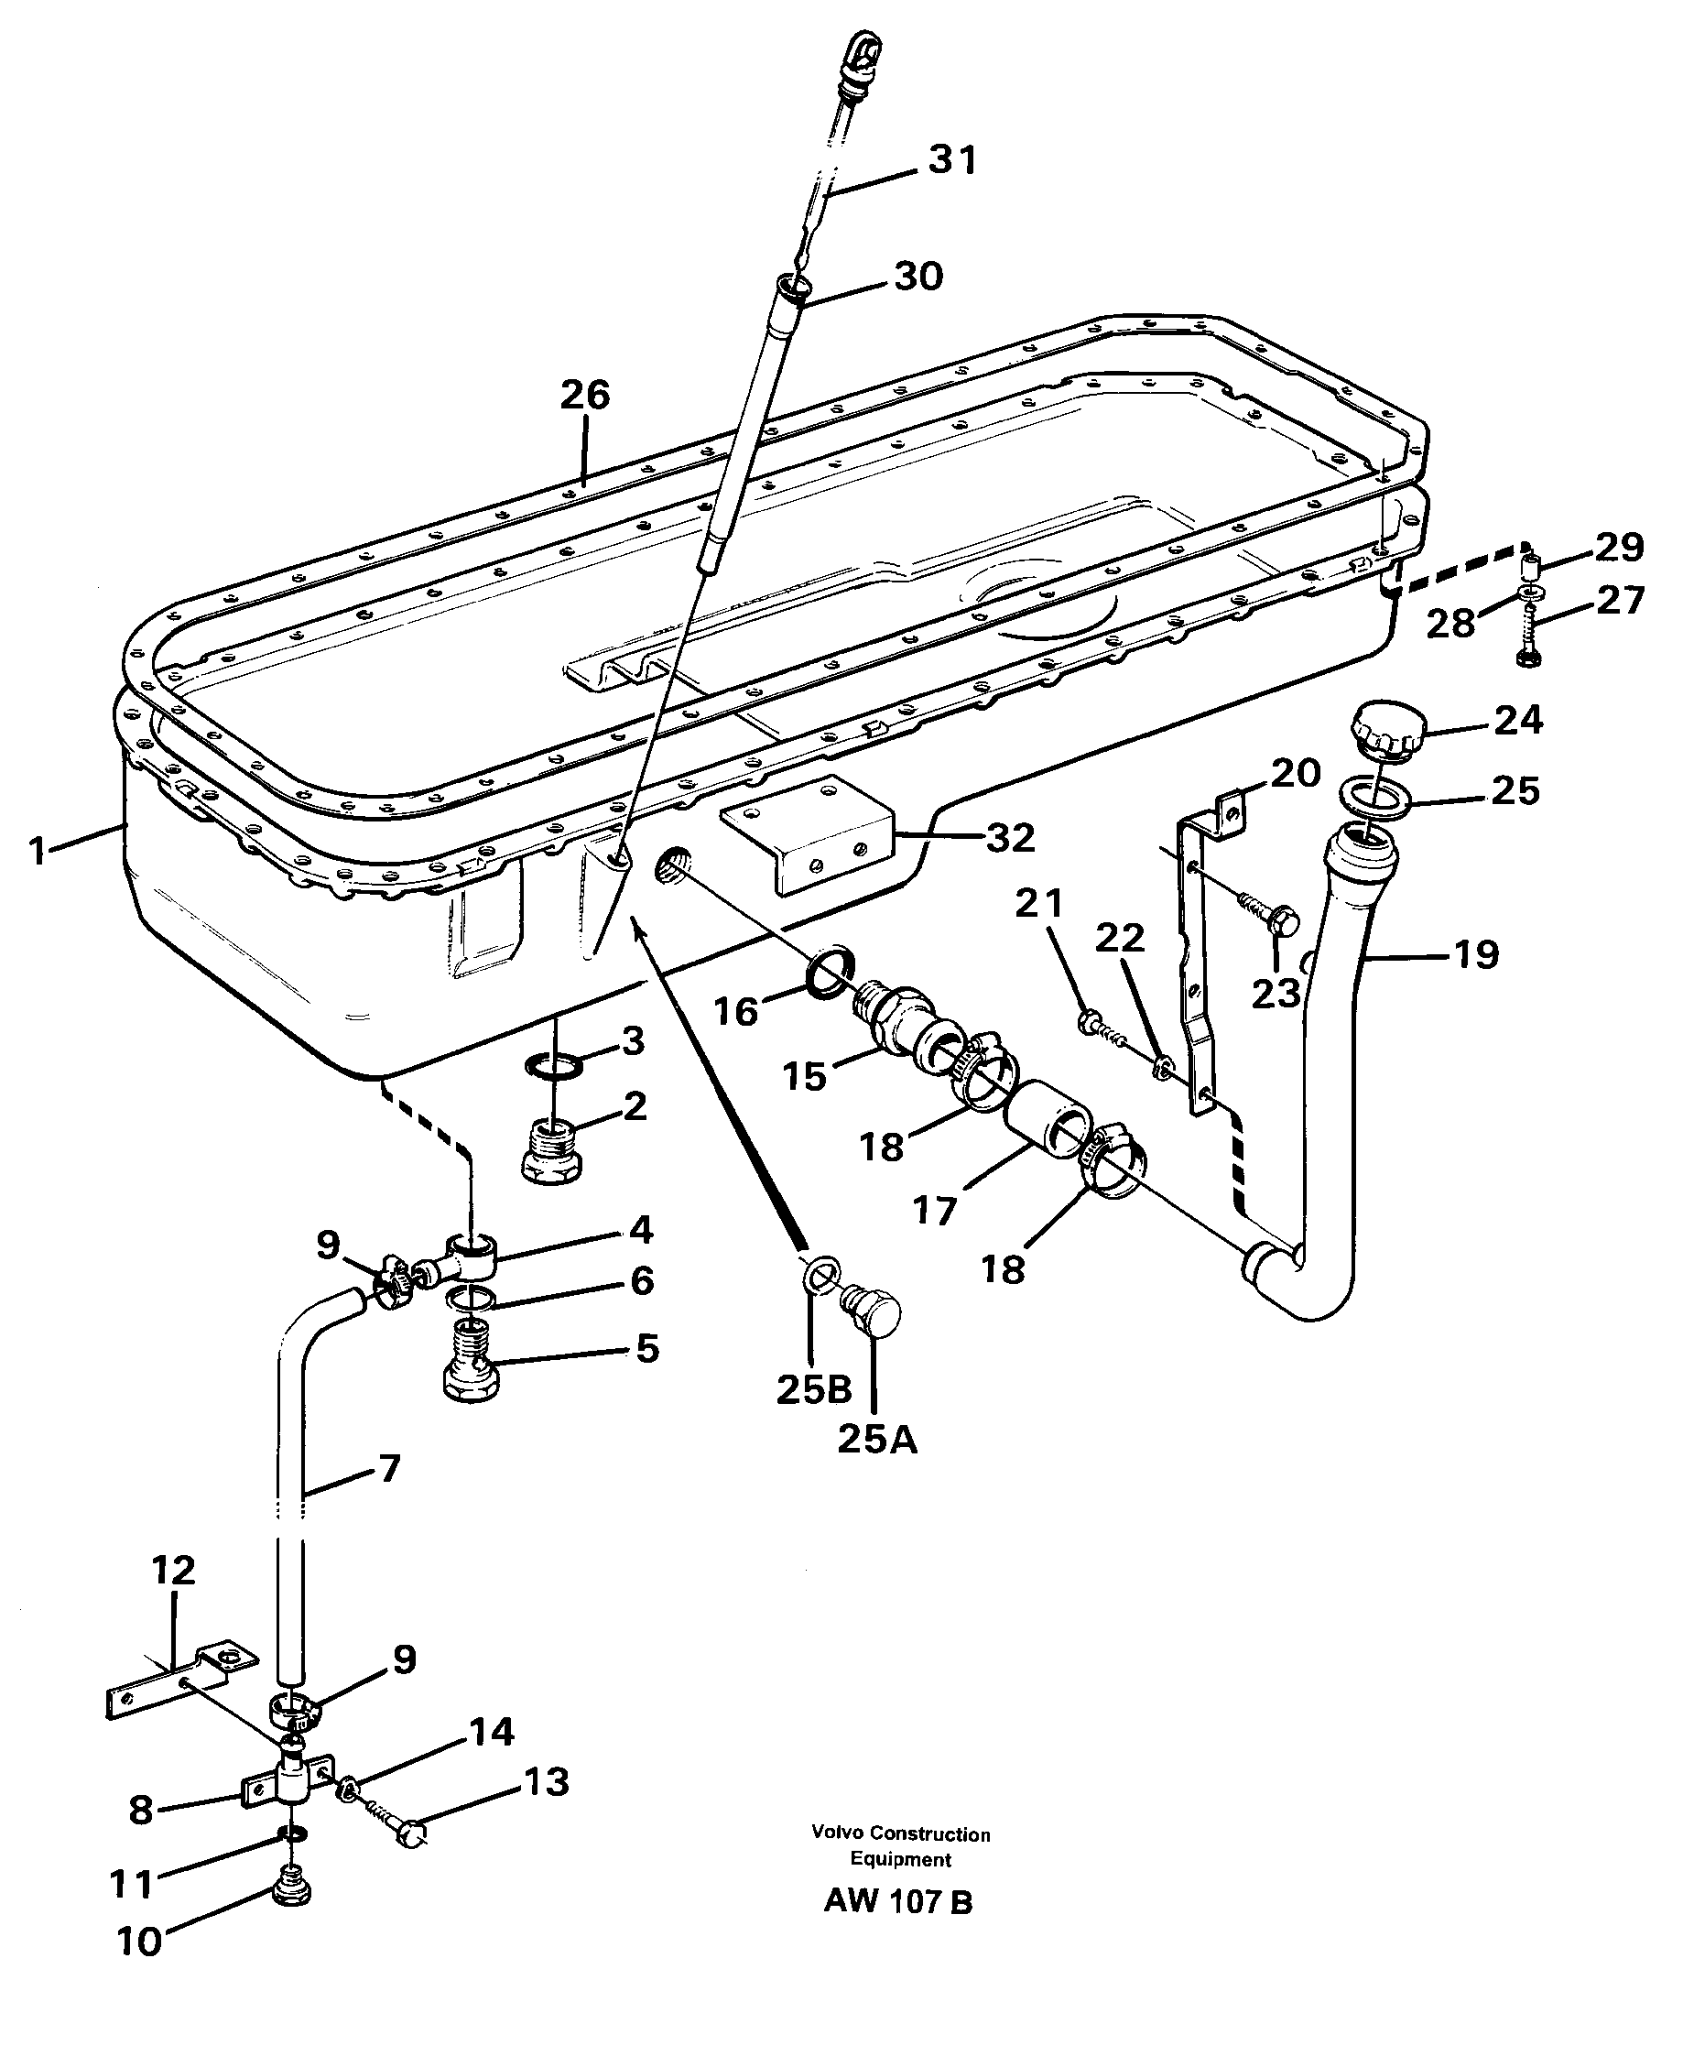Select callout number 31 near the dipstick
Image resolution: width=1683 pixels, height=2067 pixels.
click(952, 160)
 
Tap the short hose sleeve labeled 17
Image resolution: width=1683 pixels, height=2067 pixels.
click(1049, 1123)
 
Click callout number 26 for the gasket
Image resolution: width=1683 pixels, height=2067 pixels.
click(584, 396)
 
